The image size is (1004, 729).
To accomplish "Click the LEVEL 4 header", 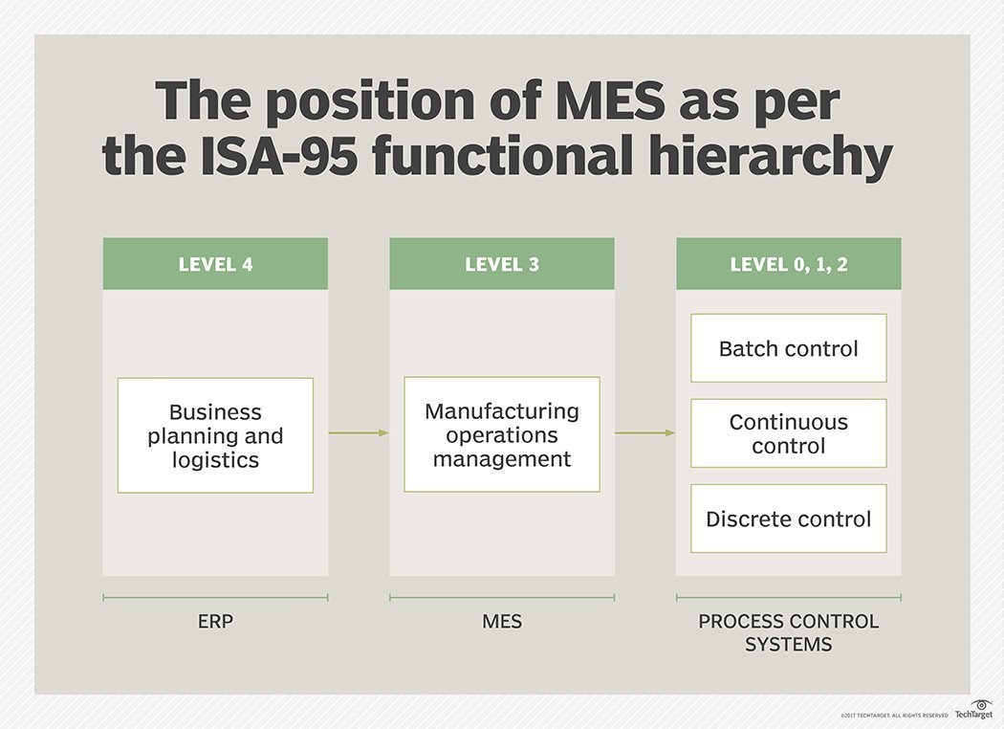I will (x=215, y=264).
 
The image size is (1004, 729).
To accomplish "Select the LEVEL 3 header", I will (x=502, y=264).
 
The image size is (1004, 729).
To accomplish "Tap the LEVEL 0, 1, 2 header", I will (x=789, y=264).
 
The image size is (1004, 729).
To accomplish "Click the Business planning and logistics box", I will (x=215, y=435).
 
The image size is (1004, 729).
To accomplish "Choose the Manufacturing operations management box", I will (x=502, y=434).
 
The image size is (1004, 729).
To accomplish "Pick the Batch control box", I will (x=789, y=348).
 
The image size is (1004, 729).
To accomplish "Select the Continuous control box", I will (x=789, y=433).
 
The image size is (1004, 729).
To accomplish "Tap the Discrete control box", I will (x=789, y=519).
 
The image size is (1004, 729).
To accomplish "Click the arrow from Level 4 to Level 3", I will (x=359, y=433).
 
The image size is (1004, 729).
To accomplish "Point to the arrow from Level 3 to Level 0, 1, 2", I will (x=645, y=433).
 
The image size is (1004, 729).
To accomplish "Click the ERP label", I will (x=215, y=622).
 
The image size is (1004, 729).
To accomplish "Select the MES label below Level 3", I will (x=502, y=622).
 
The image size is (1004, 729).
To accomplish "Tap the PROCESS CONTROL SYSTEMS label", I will (x=789, y=632).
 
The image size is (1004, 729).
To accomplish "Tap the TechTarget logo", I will (x=973, y=709).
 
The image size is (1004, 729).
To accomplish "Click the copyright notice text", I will (x=894, y=715).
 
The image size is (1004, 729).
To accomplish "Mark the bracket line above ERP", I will (x=215, y=598).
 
